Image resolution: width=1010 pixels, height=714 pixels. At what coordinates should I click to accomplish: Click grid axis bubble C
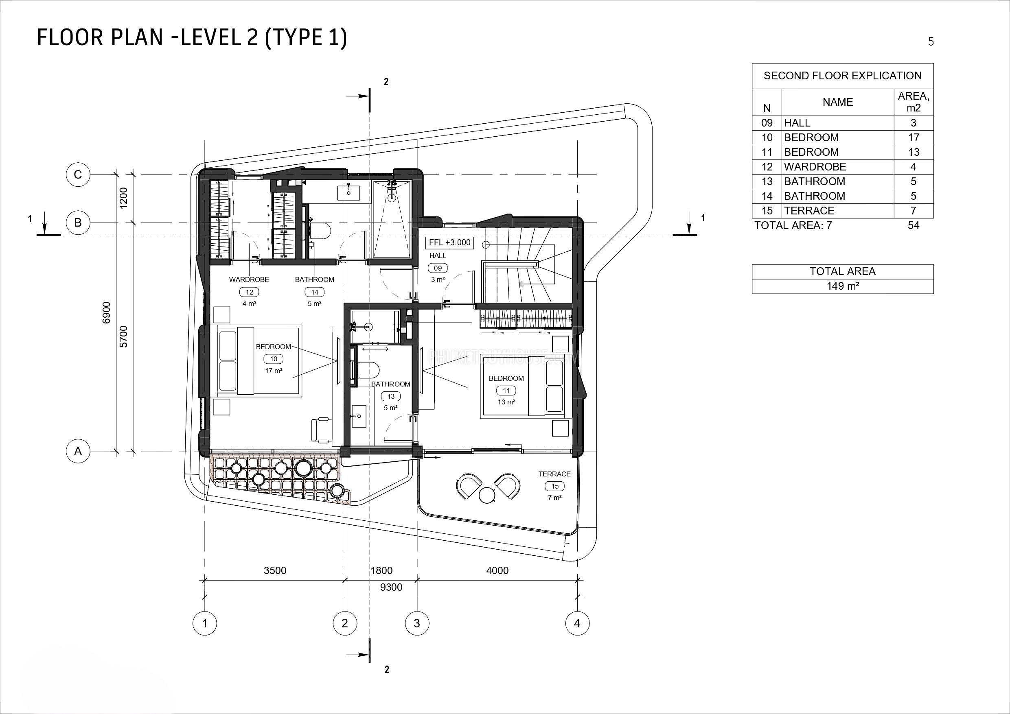pos(78,175)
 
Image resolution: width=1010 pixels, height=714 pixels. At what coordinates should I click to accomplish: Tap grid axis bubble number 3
pos(416,622)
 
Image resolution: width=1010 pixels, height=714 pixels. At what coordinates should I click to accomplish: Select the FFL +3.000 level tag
pos(449,242)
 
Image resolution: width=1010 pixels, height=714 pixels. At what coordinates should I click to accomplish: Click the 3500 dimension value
pos(275,570)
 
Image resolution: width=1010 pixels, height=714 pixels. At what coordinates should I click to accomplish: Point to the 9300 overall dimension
pos(391,587)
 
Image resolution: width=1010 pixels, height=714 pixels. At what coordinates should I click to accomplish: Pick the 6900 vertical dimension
pos(106,312)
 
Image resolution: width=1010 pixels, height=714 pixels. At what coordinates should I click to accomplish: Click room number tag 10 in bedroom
pos(274,359)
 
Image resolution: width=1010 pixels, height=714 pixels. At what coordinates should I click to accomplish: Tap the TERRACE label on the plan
pos(554,474)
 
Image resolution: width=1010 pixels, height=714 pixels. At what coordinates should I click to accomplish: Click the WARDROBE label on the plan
pos(249,279)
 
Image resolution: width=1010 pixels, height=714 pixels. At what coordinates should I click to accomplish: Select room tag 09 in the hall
pos(438,268)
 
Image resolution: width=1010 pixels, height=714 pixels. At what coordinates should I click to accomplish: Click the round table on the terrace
pos(486,496)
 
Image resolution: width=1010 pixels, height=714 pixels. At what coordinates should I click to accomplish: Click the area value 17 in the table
pos(913,138)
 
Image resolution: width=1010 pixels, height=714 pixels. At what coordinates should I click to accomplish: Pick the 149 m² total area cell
pos(842,286)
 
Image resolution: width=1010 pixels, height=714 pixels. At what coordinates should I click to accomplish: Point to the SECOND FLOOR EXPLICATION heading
pos(842,76)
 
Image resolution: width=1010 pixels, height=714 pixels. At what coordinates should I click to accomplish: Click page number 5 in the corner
pos(930,41)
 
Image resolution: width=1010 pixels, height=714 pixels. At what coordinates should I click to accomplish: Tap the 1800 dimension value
pos(381,570)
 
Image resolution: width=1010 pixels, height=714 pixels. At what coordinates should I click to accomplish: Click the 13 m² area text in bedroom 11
pos(506,402)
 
